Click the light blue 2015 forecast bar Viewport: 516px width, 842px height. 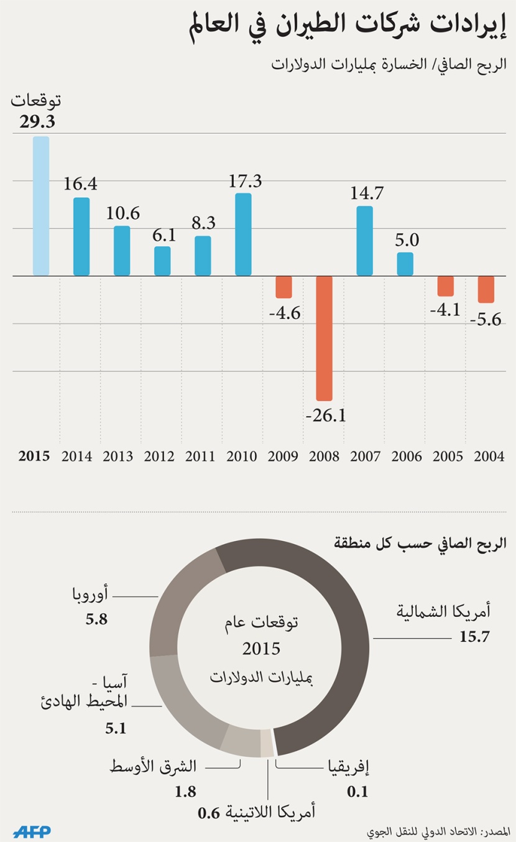coord(41,206)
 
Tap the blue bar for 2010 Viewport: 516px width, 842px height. coord(243,234)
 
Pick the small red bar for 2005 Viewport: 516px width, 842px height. coord(445,286)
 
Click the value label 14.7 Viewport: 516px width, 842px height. coord(367,193)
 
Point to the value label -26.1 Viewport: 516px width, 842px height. coord(325,415)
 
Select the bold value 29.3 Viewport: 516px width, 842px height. coord(37,122)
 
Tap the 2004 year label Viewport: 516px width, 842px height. coord(489,456)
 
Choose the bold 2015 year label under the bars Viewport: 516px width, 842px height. coord(35,456)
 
